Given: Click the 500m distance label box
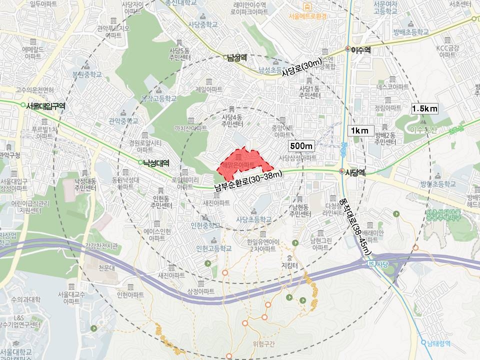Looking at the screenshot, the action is pos(301,146).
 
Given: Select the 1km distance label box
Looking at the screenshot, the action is pos(359,131).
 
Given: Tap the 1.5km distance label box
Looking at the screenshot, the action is pos(424,108).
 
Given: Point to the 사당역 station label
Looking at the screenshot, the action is pos(356,172).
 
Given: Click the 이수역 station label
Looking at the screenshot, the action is pos(360,49).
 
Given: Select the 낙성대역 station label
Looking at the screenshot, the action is pos(156,162).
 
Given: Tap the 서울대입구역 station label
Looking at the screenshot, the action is pos(46,105).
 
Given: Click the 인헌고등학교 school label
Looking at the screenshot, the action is pos(214,248).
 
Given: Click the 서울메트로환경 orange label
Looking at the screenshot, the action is pos(307,16).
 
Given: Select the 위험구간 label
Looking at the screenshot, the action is pos(264,343).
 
